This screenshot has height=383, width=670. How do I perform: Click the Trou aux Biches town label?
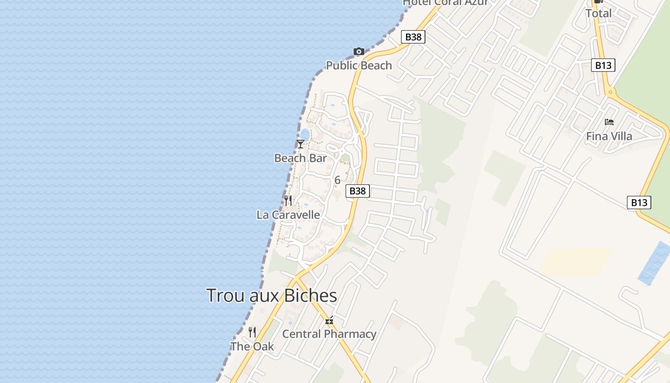[x=271, y=295]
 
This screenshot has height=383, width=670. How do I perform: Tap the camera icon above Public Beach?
[x=358, y=51]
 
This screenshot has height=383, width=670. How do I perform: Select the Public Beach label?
[x=359, y=66]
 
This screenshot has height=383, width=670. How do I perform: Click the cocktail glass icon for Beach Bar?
[x=301, y=144]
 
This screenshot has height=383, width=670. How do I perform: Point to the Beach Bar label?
[x=301, y=158]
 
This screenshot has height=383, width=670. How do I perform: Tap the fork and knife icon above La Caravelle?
[x=288, y=201]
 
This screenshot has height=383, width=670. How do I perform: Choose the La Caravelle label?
[x=288, y=215]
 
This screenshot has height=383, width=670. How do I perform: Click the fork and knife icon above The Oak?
[x=252, y=332]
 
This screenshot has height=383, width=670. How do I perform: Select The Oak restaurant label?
[x=252, y=346]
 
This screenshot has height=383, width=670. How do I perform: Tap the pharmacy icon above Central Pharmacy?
[x=329, y=320]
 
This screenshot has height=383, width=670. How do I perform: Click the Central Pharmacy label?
[x=329, y=334]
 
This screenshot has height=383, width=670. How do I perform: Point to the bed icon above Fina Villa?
[x=609, y=122]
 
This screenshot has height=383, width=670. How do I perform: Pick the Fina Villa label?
[x=609, y=136]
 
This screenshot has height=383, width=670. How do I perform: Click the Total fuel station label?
[x=598, y=13]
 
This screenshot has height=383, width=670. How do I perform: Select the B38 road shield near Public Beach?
[x=413, y=37]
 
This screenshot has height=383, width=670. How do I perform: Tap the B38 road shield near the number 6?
[x=357, y=191]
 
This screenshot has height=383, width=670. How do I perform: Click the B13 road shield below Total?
[x=603, y=66]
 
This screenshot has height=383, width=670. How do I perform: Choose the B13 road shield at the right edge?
[x=639, y=203]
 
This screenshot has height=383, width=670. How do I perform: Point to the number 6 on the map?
[x=337, y=180]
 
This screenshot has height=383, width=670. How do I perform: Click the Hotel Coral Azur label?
[x=445, y=2]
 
